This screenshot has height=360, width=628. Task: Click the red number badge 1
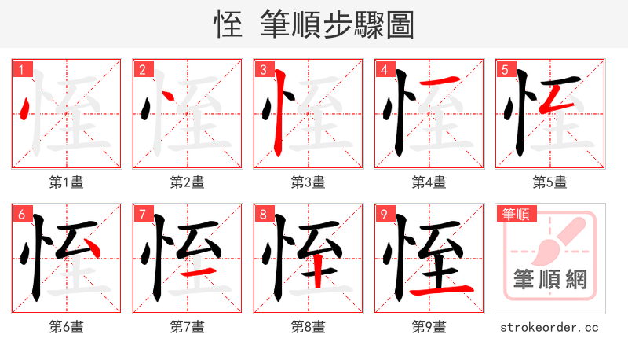point(21,69)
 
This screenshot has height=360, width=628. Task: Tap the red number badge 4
point(384,69)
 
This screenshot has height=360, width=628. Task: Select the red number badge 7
point(142,214)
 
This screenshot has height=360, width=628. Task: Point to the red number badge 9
point(384,214)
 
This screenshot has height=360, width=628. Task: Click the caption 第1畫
point(67,182)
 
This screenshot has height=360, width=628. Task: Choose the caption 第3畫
point(309,182)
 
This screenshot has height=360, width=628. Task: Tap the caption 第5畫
point(550,182)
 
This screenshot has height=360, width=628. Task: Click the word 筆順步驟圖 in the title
point(336,25)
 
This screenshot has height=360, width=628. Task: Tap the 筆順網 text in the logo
point(549,279)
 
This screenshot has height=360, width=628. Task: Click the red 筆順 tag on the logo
point(516,213)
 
